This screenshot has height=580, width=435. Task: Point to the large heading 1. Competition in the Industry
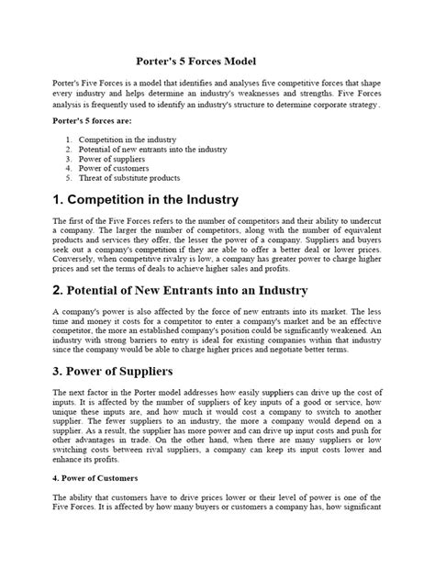pyautogui.click(x=146, y=200)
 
